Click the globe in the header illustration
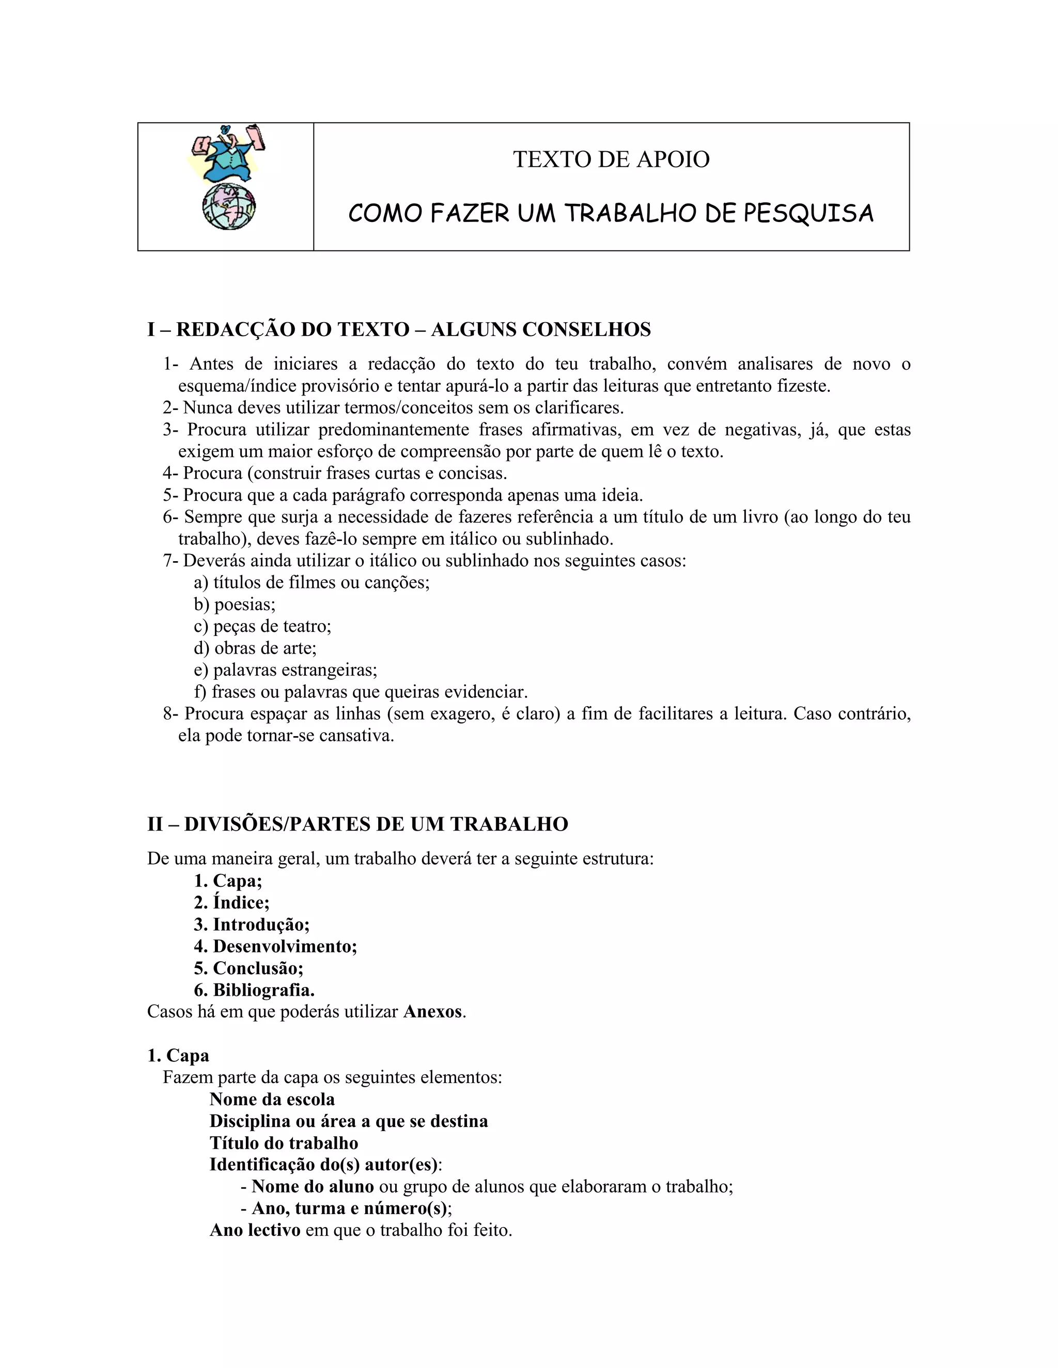pos(229,206)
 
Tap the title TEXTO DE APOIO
pos(611,159)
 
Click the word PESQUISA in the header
pos(808,214)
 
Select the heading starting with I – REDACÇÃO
pos(399,329)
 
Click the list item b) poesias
pos(235,605)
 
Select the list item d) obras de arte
pos(255,648)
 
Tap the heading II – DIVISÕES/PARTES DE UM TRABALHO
pos(357,824)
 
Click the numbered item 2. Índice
pos(231,902)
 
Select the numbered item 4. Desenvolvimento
pos(275,946)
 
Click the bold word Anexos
pos(432,1012)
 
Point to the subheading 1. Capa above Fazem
pos(178,1056)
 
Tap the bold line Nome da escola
pos(272,1099)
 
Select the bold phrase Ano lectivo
pos(255,1230)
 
